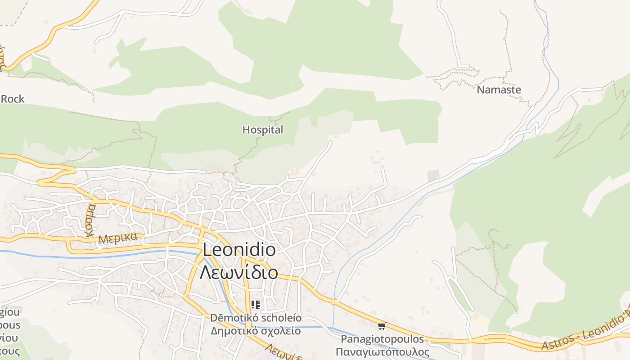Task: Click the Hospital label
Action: [263, 130]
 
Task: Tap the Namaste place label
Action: [499, 90]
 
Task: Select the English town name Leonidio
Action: [239, 250]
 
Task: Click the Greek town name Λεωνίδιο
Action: [239, 272]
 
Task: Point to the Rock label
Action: [13, 99]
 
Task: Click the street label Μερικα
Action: [117, 238]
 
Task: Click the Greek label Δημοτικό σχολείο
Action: [256, 331]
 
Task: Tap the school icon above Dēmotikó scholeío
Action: [256, 305]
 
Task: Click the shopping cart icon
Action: [382, 326]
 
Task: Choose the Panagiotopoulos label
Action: [382, 339]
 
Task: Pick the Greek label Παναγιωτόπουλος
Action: [382, 352]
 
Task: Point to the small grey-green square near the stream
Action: [433, 175]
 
